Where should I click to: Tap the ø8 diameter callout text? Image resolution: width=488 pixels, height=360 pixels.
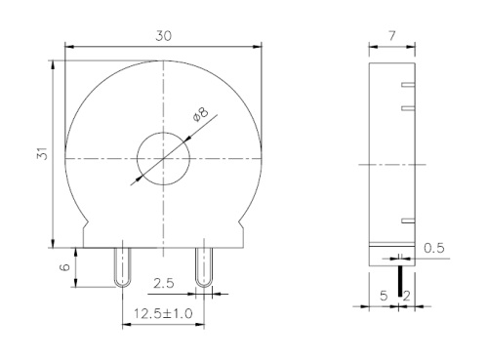pyautogui.click(x=202, y=116)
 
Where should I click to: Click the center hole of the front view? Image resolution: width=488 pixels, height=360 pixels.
pyautogui.click(x=163, y=156)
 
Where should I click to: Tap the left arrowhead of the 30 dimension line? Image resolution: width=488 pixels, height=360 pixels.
pyautogui.click(x=68, y=45)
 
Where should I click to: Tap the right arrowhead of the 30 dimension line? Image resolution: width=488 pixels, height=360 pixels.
pyautogui.click(x=259, y=45)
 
